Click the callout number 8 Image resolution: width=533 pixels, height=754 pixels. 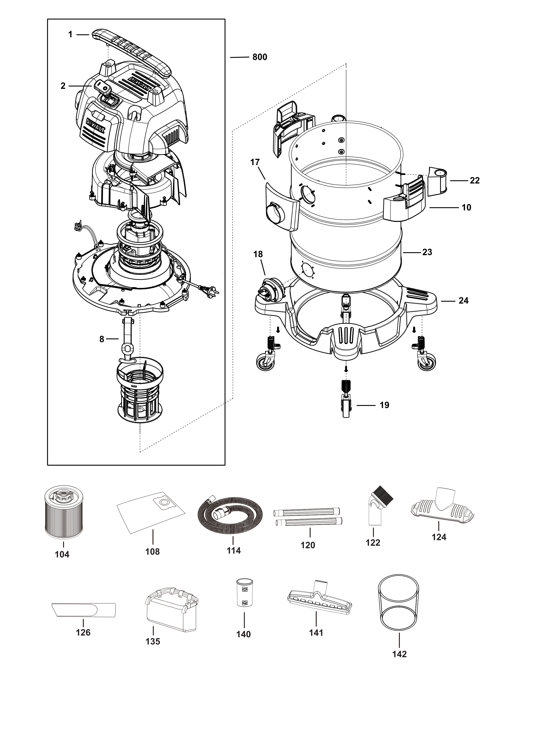(102, 339)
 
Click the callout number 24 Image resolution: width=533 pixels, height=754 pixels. (463, 300)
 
